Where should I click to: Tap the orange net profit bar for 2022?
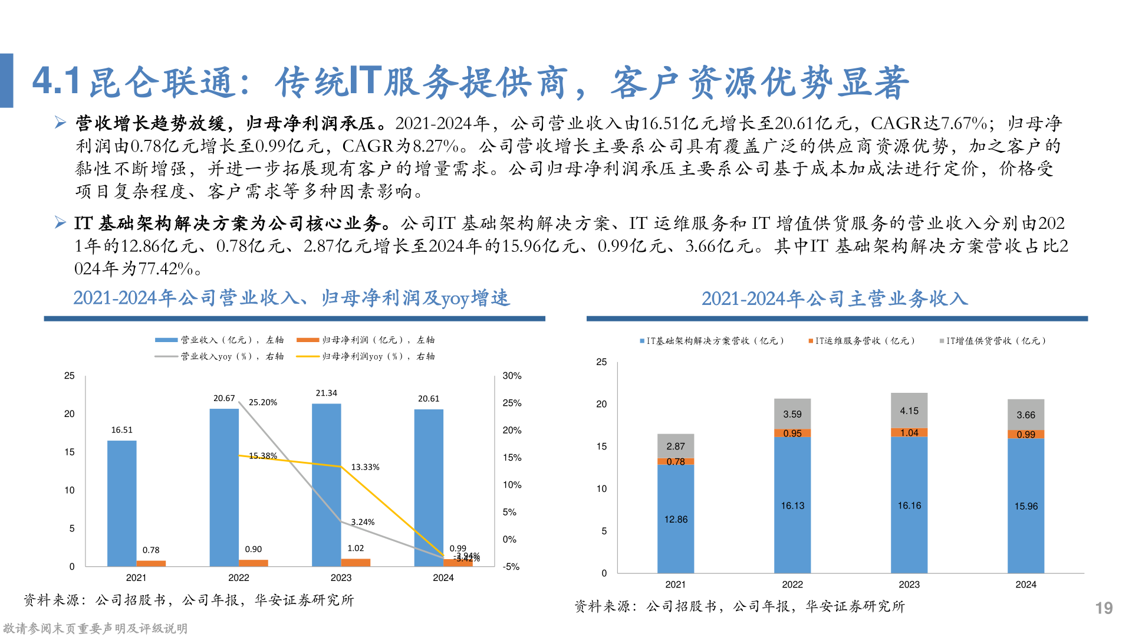pos(254,563)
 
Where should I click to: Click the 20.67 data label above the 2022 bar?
pos(224,399)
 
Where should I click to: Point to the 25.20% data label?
pos(263,402)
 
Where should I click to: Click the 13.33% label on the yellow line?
pos(365,467)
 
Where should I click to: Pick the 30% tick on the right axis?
pos(512,376)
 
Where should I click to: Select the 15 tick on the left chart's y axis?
pos(70,452)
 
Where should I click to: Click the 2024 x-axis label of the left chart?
pos(443,578)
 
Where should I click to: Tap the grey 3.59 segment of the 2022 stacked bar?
pos(792,413)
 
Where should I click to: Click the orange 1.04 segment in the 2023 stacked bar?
pos(909,432)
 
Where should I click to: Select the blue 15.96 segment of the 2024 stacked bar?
pos(1026,506)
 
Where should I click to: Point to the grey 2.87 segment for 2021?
pos(676,446)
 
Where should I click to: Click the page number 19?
pos(1104,608)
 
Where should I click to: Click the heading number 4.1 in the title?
pos(57,81)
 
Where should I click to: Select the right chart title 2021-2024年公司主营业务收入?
pos(835,299)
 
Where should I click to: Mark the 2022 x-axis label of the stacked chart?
pos(792,585)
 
